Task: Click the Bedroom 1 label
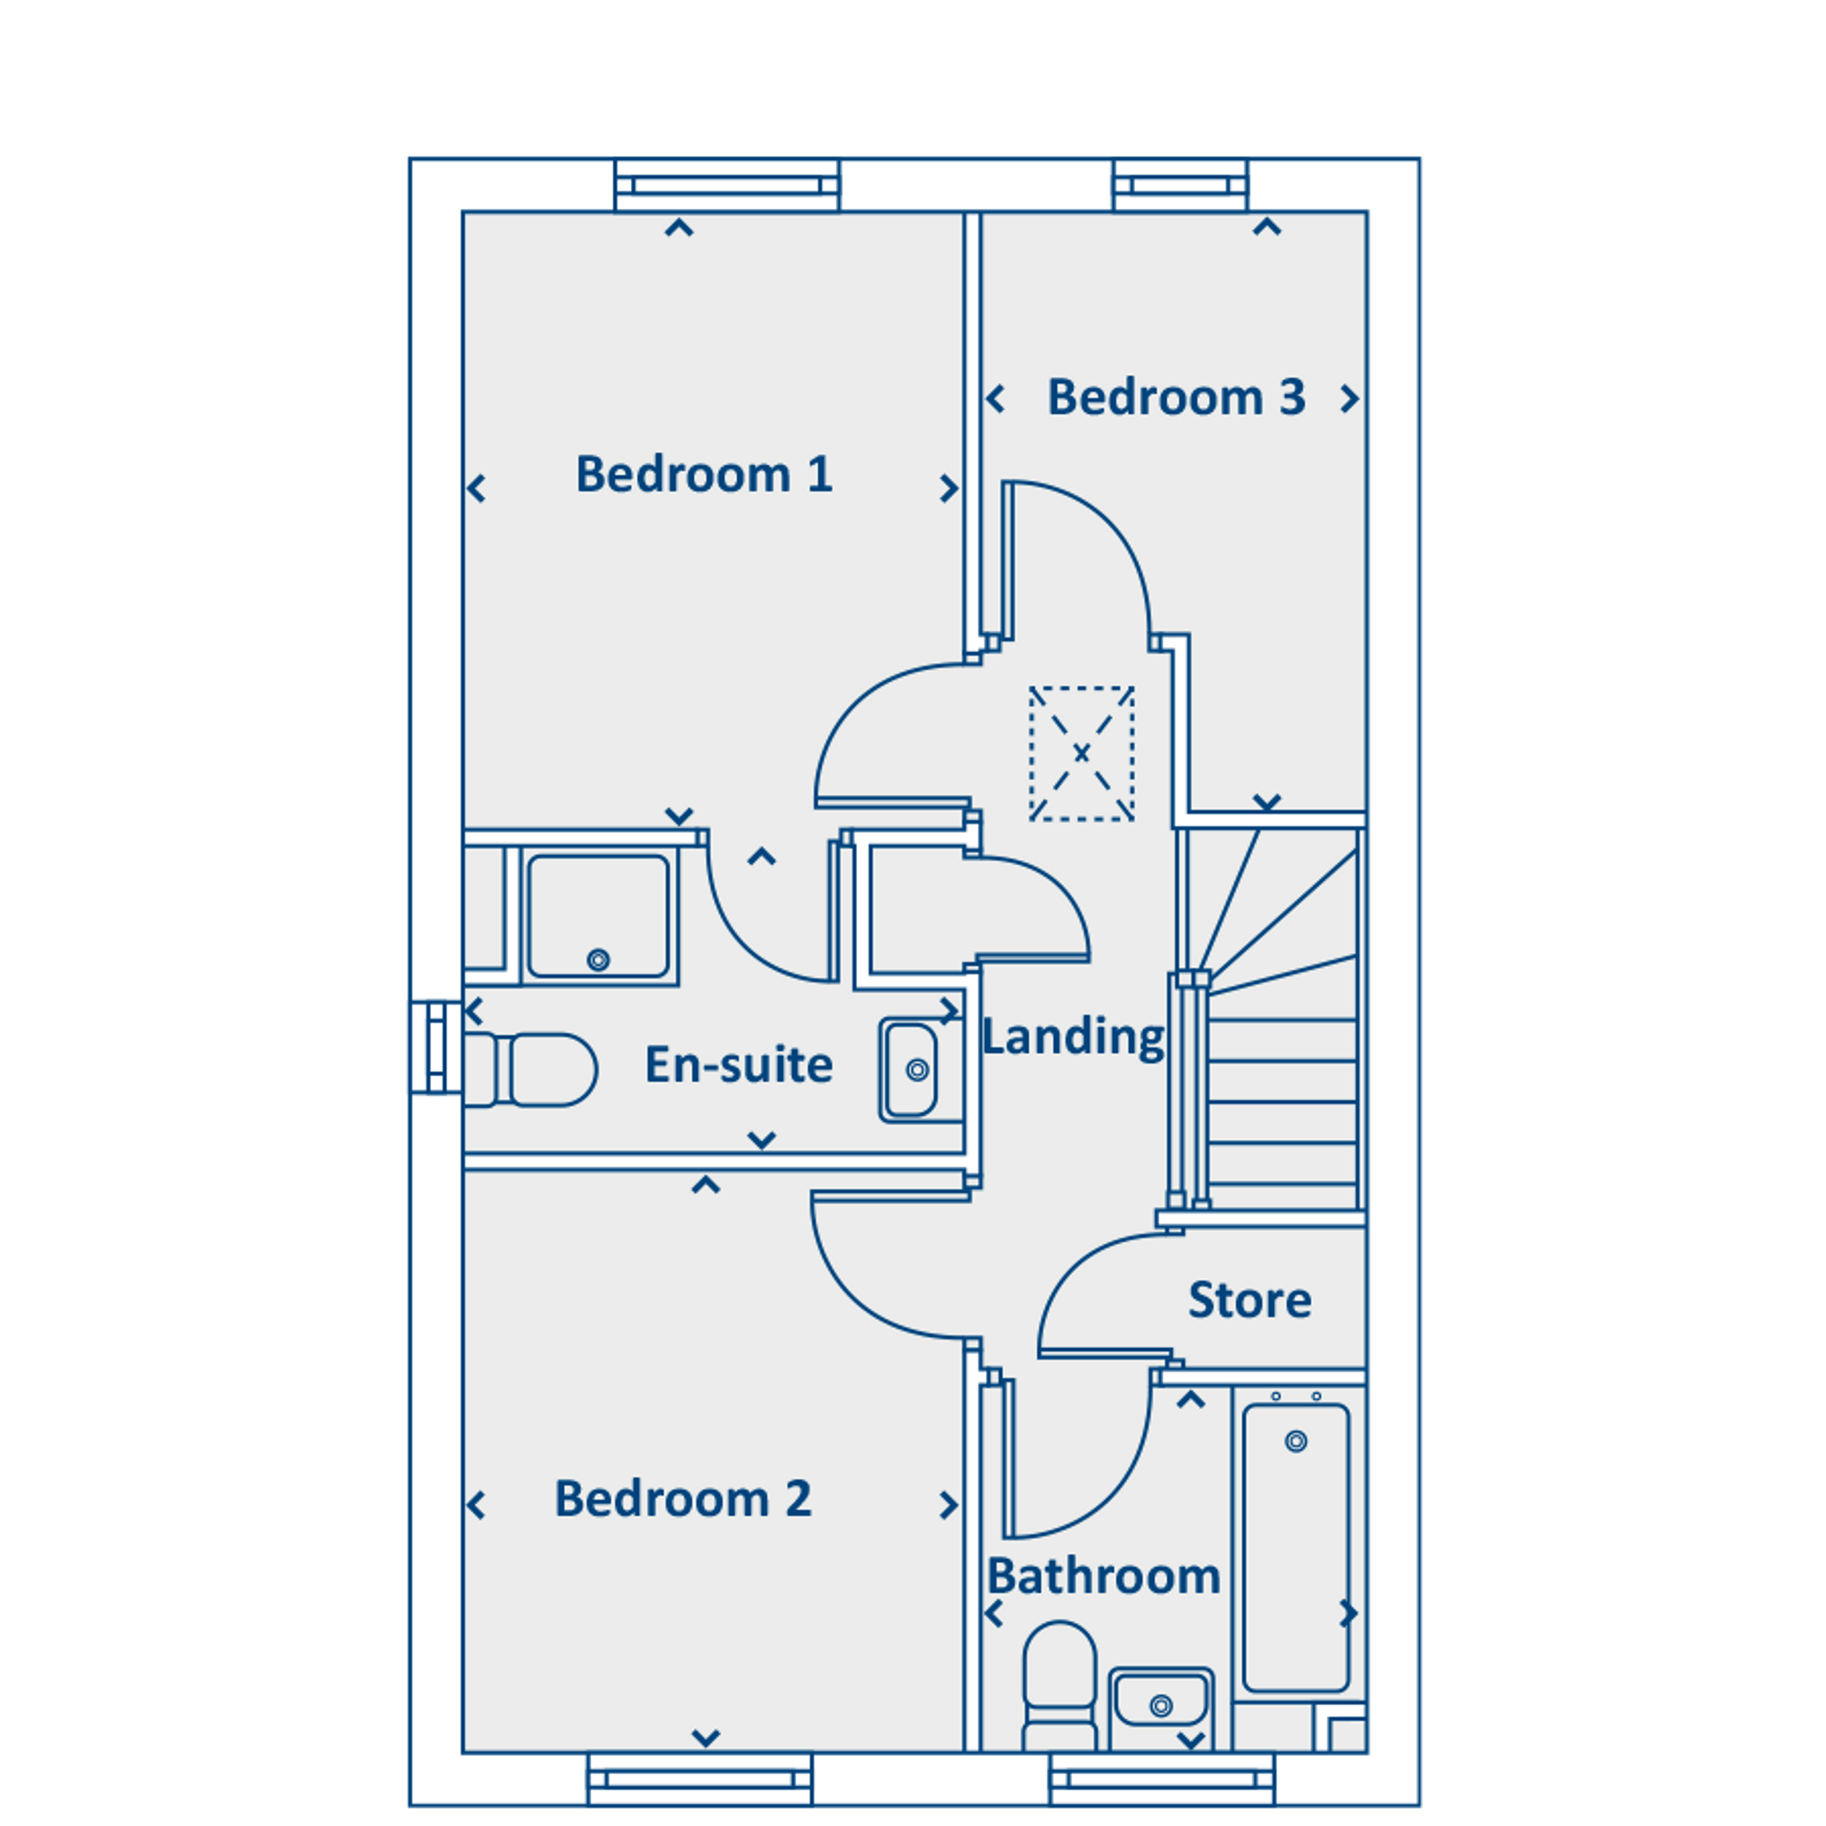(x=704, y=474)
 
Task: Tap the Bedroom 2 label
(x=683, y=1498)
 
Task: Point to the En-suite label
(x=739, y=1064)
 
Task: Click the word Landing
(x=1073, y=1037)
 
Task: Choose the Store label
(x=1249, y=1300)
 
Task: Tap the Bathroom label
(x=1104, y=1576)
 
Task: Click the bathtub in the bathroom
(x=1295, y=1547)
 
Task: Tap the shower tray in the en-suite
(x=598, y=916)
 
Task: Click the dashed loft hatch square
(x=1081, y=753)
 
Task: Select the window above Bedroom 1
(x=727, y=185)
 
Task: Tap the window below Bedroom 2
(x=699, y=1780)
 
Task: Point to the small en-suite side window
(x=436, y=1047)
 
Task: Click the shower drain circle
(x=598, y=960)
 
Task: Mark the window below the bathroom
(x=1161, y=1780)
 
